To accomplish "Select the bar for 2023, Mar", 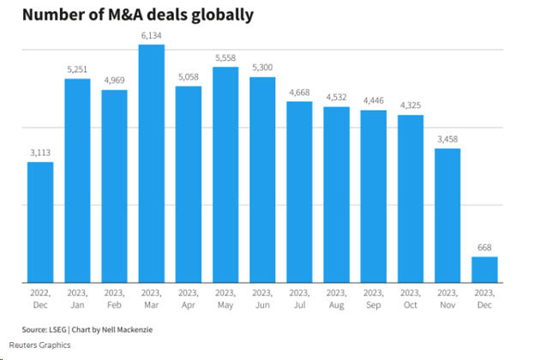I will coord(151,163).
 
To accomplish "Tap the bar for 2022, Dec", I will coord(40,222).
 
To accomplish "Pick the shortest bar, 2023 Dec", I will coord(484,269).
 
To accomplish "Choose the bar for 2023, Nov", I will coord(448,215).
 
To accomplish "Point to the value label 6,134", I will coord(151,35).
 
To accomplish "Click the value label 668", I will coord(484,248).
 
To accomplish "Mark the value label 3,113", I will coord(40,153).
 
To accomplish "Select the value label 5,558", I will coord(225,57).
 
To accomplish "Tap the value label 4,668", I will coord(299,92).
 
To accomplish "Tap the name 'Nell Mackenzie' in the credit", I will coord(135,329).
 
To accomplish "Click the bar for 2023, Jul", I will coord(299,192).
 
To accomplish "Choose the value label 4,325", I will coord(411,105).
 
